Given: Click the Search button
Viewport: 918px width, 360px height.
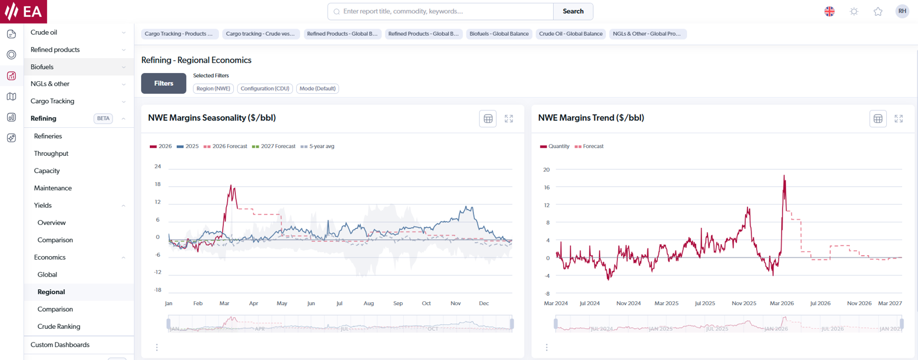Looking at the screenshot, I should pyautogui.click(x=573, y=12).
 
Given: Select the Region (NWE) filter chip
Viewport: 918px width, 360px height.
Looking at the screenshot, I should pyautogui.click(x=213, y=88).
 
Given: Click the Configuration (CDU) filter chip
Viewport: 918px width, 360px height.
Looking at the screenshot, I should pyautogui.click(x=264, y=88).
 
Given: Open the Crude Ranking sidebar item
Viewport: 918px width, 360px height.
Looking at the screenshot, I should pyautogui.click(x=59, y=327).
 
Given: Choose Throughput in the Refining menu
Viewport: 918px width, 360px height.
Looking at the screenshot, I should pyautogui.click(x=51, y=154).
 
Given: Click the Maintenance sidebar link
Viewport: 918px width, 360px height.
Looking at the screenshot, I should pyautogui.click(x=53, y=188).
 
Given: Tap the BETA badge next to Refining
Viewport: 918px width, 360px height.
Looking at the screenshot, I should pyautogui.click(x=103, y=119).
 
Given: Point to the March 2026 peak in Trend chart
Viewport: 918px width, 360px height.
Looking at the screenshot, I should pyautogui.click(x=784, y=176).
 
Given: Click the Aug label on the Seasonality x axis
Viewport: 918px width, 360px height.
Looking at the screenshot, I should pyautogui.click(x=369, y=303).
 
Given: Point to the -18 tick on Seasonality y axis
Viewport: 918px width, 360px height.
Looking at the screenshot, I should pyautogui.click(x=157, y=290).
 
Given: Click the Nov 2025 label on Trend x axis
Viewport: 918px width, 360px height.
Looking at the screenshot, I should pyautogui.click(x=744, y=303).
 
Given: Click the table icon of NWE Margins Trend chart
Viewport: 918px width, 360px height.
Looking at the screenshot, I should pyautogui.click(x=878, y=119).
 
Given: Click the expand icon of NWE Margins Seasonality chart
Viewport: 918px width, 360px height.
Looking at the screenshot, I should pyautogui.click(x=509, y=119).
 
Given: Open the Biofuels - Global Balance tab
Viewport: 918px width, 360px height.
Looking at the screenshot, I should pyautogui.click(x=499, y=34).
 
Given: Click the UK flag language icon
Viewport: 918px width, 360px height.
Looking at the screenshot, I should pyautogui.click(x=829, y=12).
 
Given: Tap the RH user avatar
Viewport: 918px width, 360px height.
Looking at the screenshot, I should pyautogui.click(x=902, y=12).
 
